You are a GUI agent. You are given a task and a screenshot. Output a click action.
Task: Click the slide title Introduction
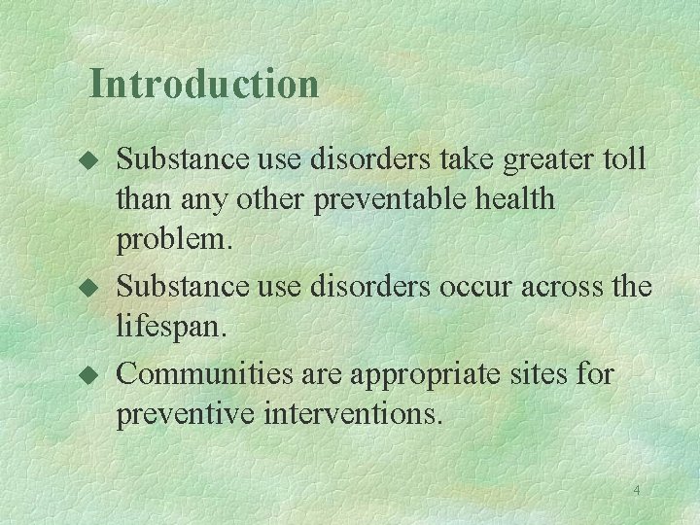click(x=203, y=84)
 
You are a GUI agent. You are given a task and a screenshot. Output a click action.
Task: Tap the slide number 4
click(x=637, y=490)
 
